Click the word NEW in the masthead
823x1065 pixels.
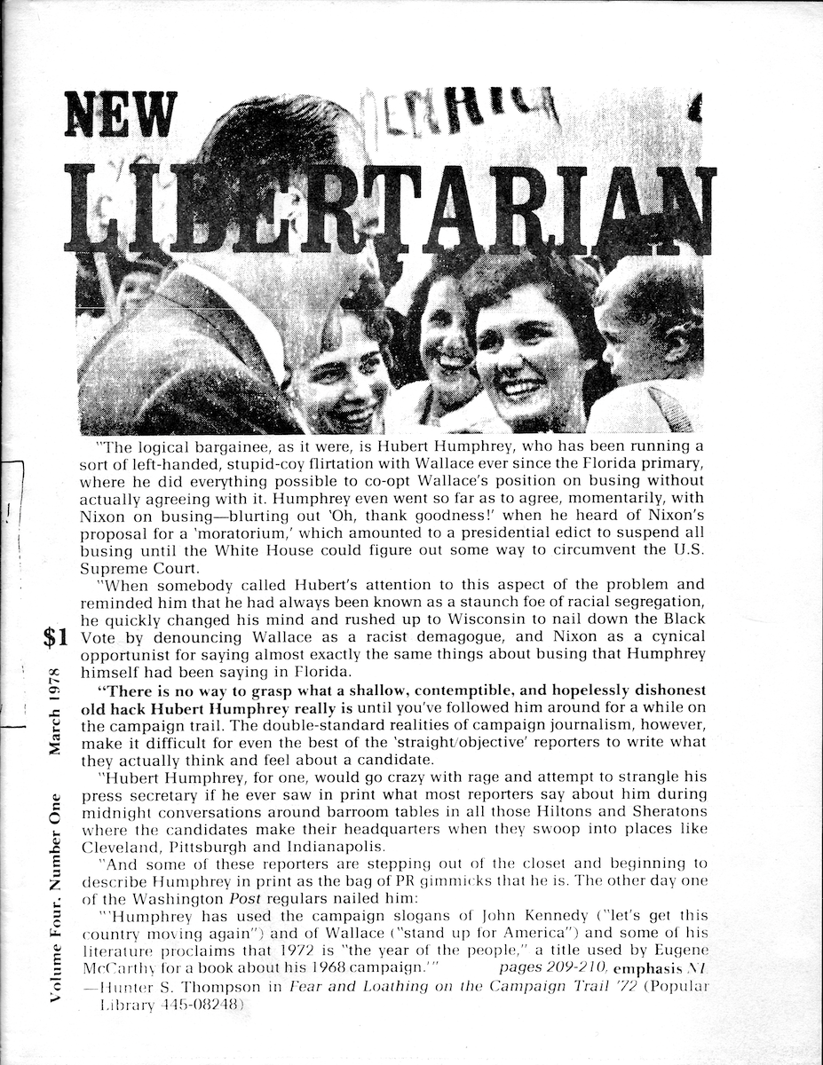coord(121,115)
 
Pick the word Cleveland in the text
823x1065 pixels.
coord(124,847)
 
